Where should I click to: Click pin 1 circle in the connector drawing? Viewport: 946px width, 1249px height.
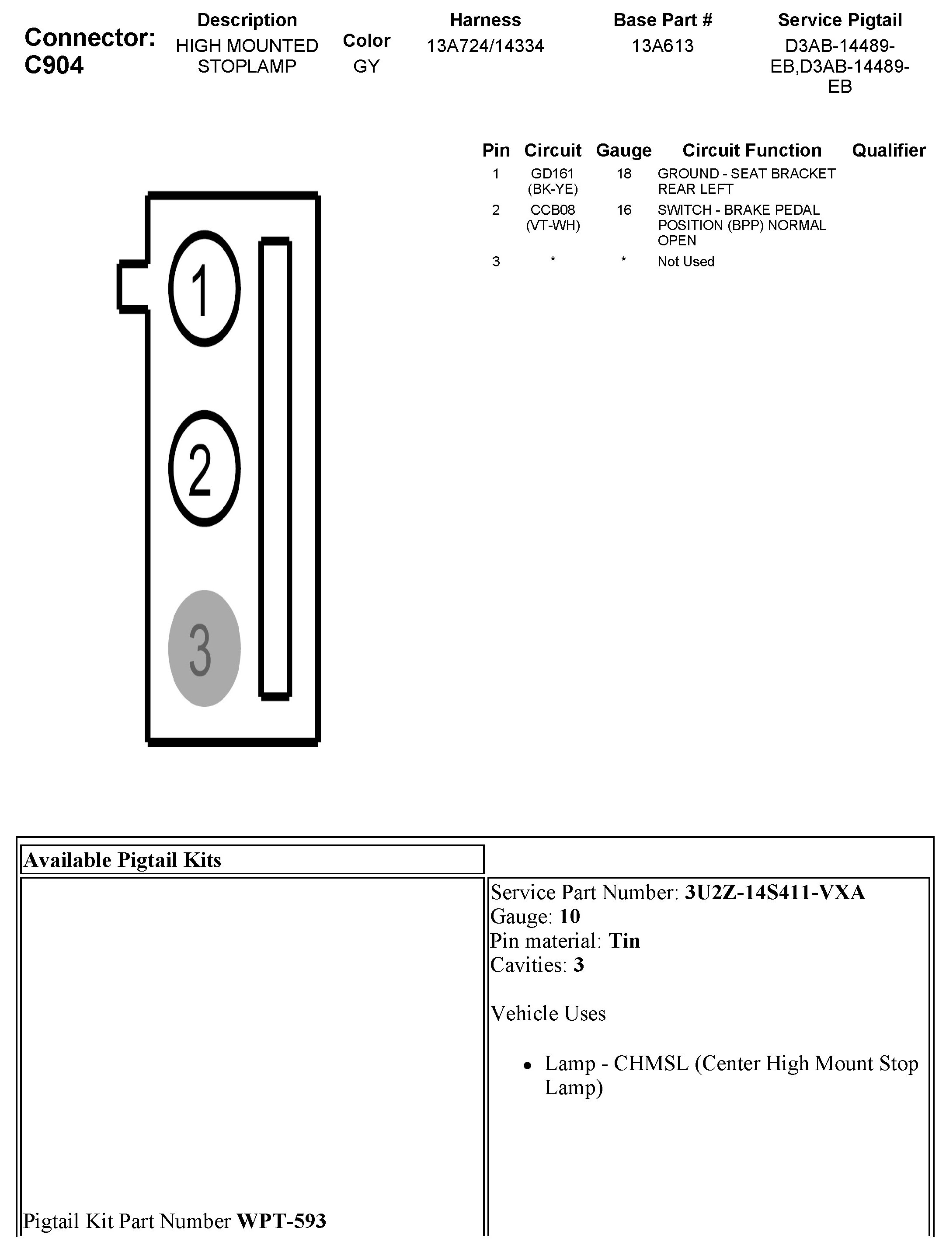pos(204,289)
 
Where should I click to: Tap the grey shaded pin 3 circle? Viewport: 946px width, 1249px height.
pos(204,648)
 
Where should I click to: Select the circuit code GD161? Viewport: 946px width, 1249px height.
pos(552,174)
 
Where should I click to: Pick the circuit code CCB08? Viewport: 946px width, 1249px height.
pos(552,210)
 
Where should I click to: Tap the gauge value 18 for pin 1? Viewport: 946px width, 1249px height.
pos(624,174)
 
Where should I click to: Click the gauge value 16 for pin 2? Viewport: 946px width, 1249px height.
pos(624,210)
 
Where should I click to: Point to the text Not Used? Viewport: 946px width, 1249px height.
pos(686,262)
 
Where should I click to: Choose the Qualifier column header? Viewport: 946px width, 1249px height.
pos(888,150)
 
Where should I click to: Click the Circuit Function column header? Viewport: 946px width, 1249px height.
pos(751,150)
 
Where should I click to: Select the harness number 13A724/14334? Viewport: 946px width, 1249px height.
pos(485,46)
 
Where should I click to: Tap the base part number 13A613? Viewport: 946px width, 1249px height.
pos(662,46)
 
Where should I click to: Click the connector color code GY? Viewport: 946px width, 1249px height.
pos(366,66)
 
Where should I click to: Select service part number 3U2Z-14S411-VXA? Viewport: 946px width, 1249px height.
pos(774,892)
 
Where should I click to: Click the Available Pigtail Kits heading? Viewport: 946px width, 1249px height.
pos(122,860)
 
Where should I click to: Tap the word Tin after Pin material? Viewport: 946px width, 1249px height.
pos(624,941)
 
